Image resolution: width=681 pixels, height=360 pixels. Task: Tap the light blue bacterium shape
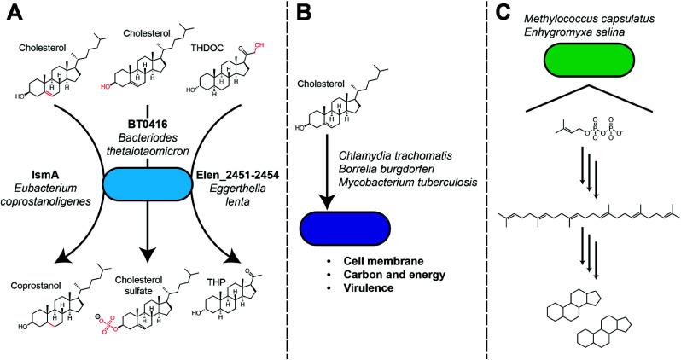(x=143, y=184)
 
